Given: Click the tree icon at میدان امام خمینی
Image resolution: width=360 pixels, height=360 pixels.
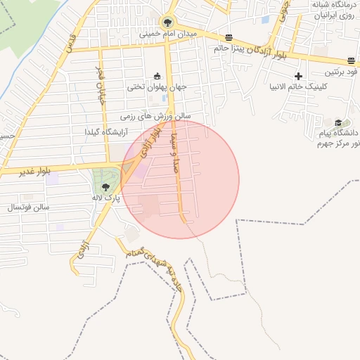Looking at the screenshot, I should point(167,22).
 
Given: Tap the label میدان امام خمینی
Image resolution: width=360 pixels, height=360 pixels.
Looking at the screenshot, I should point(169,33).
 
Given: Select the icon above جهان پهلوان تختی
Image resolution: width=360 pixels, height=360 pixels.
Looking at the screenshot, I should point(157,77).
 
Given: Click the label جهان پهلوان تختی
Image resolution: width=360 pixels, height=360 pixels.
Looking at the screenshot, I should point(156,88).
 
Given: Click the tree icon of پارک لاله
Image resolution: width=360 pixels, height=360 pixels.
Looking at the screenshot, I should point(105,186).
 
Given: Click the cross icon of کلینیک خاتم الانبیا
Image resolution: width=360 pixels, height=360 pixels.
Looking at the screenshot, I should point(299,76).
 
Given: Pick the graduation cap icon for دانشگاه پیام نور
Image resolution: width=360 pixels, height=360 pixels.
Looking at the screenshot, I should point(338,122).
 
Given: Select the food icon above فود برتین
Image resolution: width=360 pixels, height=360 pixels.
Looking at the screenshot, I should point(351,60).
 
